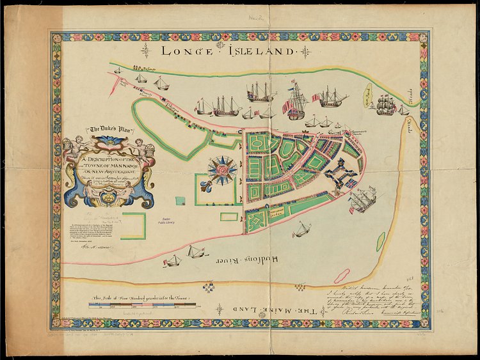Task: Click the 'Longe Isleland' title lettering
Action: point(228,51)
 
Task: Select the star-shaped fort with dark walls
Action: point(338,173)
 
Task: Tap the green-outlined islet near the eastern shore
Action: point(381,241)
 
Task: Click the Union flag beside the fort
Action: point(351,183)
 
